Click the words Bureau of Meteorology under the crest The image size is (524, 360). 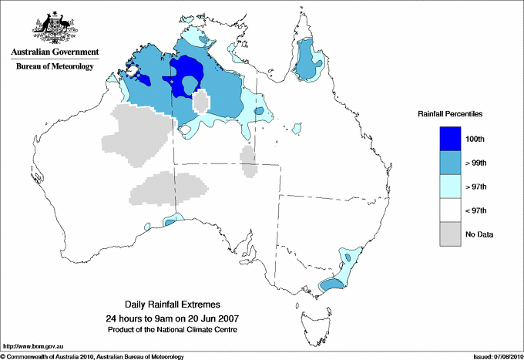pos(54,67)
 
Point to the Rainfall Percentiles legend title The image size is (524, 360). pos(450,114)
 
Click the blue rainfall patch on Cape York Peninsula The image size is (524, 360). pos(310,60)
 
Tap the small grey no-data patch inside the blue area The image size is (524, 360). pos(202,102)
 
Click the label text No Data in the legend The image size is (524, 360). pos(479,234)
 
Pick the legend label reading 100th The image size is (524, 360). pos(475,138)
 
